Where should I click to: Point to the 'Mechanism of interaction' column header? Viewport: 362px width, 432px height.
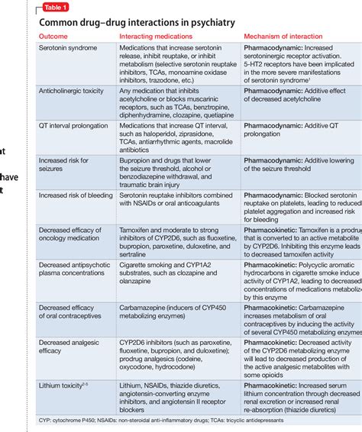coord(290,37)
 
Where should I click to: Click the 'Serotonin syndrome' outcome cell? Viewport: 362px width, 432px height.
coord(68,48)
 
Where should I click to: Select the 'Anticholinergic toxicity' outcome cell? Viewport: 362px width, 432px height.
coord(73,91)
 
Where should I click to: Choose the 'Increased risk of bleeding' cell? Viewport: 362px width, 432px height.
coord(76,195)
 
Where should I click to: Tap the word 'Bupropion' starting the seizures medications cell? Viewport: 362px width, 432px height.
coord(134,160)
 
